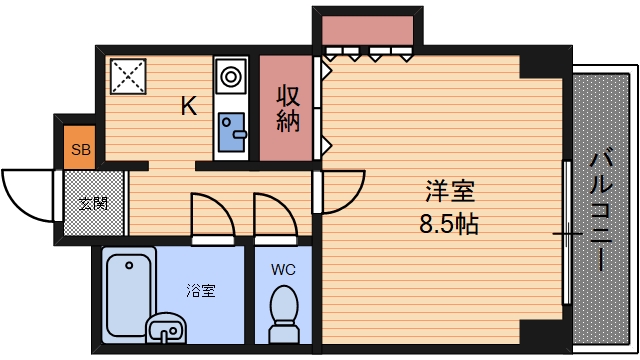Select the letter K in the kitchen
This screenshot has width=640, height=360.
(188, 106)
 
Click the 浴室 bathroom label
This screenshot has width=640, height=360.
(201, 292)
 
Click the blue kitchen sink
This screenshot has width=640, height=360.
(233, 131)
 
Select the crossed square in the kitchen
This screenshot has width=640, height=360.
(127, 75)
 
